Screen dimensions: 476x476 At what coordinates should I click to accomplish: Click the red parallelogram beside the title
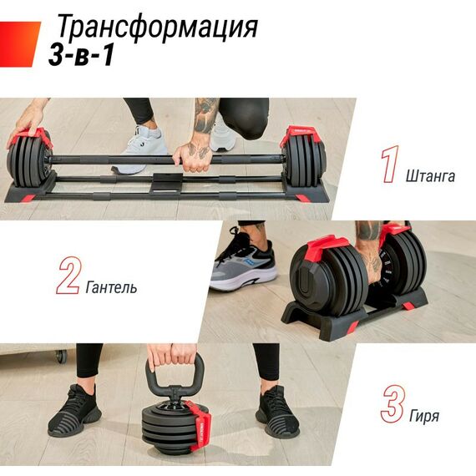click(x=20, y=43)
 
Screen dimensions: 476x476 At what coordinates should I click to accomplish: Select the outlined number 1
click(x=388, y=165)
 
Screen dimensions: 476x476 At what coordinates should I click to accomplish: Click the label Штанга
click(x=430, y=176)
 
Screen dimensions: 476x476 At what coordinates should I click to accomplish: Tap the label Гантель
click(x=112, y=288)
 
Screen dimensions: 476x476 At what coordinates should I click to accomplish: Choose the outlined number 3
click(x=392, y=403)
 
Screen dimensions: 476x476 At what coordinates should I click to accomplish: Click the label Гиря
click(x=425, y=415)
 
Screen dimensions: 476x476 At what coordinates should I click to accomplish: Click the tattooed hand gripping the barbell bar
click(x=194, y=155)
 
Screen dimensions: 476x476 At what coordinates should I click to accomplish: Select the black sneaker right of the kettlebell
click(x=276, y=411)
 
